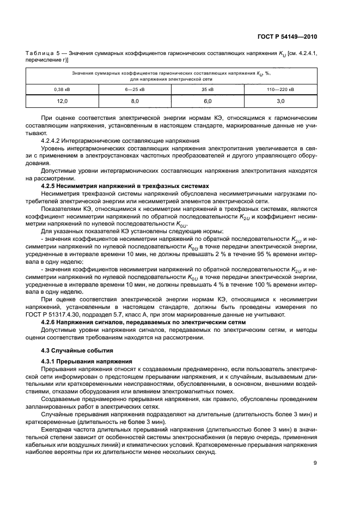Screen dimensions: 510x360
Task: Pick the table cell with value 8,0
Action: (135, 101)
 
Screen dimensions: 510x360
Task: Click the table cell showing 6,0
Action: (208, 101)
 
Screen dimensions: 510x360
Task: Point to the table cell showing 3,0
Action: (280, 101)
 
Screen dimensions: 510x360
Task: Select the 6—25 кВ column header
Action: (135, 88)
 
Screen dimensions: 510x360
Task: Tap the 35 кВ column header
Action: (208, 88)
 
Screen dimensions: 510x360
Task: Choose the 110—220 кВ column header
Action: (280, 88)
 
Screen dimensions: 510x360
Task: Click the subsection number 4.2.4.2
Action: (54, 141)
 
